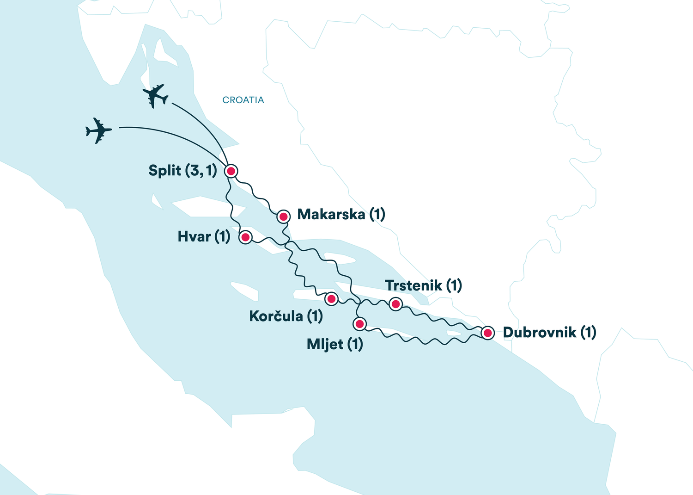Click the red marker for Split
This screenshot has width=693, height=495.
point(231,171)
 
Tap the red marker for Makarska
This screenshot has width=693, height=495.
point(283,216)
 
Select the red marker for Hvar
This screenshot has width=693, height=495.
point(245,237)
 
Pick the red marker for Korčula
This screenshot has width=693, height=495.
point(331,299)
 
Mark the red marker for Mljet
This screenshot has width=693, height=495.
point(359,323)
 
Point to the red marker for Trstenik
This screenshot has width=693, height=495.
point(395,304)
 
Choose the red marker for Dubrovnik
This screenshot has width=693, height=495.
point(487,333)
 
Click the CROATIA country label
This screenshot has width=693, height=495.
point(243,100)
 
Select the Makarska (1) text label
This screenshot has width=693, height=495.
point(341,214)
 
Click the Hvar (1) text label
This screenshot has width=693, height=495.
point(204,237)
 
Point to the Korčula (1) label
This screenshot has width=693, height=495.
point(286,316)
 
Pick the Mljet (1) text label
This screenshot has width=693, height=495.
point(334,344)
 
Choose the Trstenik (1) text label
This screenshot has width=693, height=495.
point(423,285)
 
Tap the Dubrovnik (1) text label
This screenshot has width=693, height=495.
point(549,332)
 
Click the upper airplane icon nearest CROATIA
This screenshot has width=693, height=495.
point(155,96)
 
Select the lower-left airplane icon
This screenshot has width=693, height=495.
point(98,130)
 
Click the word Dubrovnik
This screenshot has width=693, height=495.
point(539,332)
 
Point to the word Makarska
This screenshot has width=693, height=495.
point(331,214)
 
